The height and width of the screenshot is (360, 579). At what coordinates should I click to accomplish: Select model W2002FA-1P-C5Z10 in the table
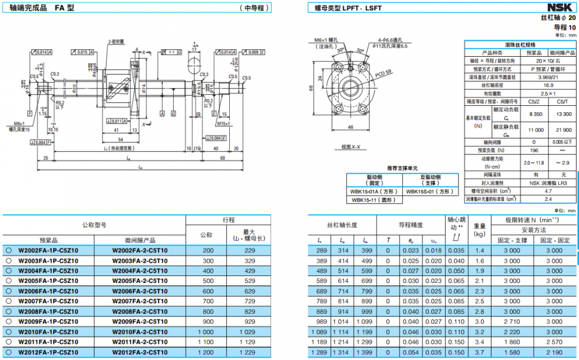pos(48,250)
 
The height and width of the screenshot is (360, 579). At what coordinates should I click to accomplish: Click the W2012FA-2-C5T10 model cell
pos(140,351)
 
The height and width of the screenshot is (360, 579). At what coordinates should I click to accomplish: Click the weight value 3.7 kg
pos(479,351)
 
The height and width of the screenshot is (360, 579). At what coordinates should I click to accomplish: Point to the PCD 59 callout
pos(383,73)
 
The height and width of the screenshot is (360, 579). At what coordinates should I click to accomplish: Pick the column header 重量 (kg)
pos(479,230)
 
